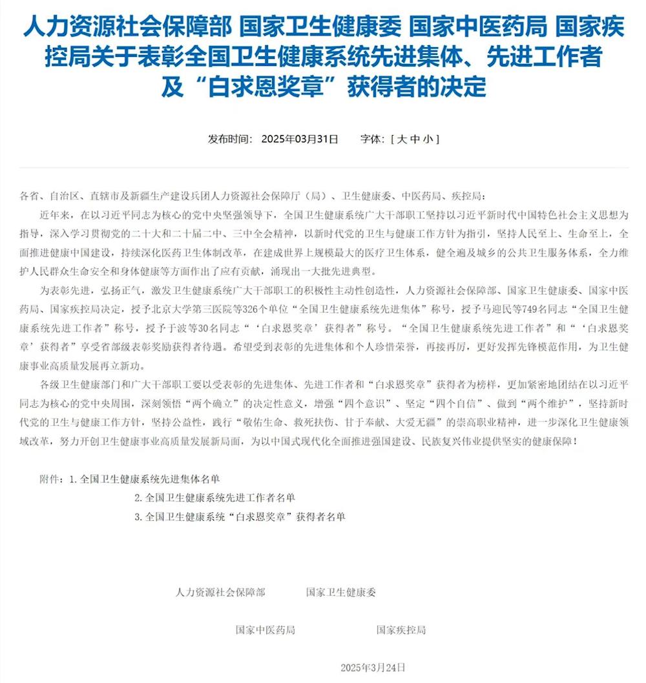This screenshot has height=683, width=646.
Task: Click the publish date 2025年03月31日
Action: (300, 139)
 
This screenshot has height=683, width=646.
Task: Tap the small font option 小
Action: (427, 139)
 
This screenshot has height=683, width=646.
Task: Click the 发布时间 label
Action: (227, 139)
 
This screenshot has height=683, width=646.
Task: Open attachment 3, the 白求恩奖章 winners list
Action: (239, 517)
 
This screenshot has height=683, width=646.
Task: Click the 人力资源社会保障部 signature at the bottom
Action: (220, 592)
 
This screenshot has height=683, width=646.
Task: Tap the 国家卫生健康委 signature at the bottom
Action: (340, 592)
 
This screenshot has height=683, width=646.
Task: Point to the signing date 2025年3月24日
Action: (373, 667)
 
